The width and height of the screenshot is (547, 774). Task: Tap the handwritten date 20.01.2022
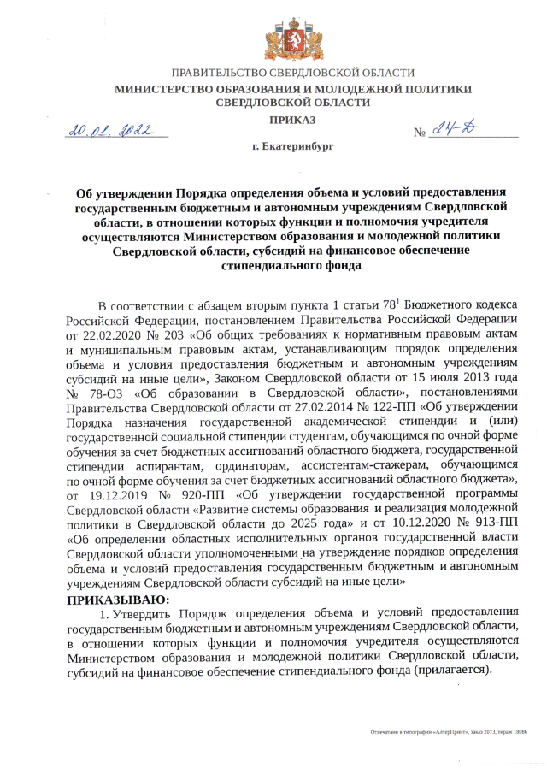click(x=110, y=130)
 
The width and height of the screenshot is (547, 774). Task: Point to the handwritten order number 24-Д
click(x=457, y=128)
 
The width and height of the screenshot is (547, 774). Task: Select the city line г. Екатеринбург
click(x=292, y=148)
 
